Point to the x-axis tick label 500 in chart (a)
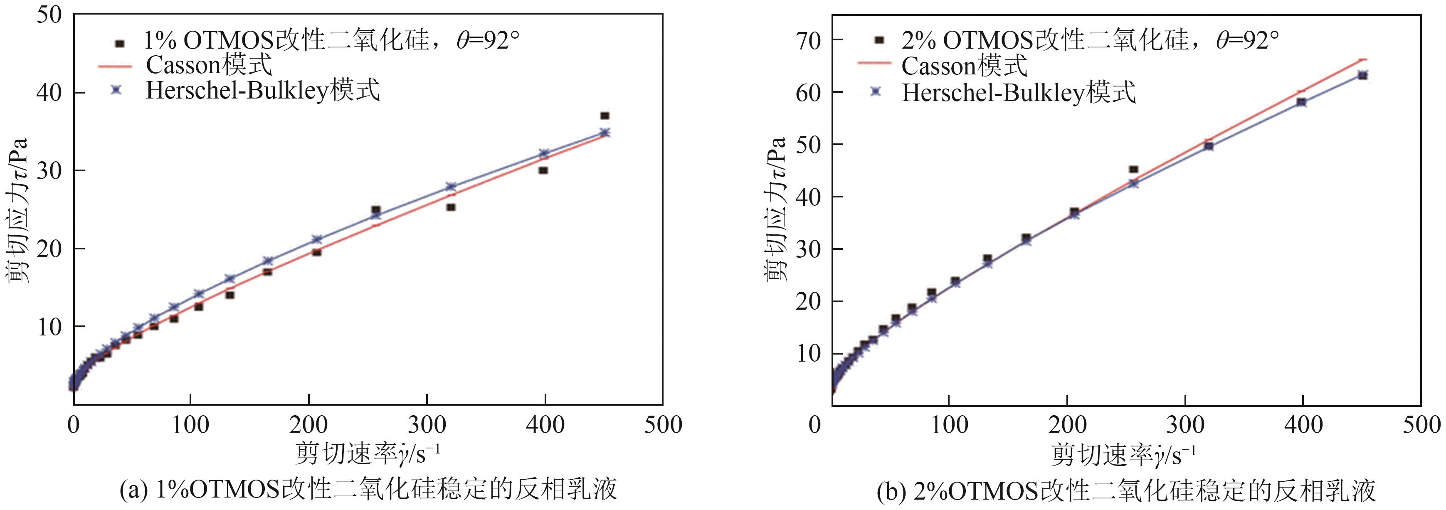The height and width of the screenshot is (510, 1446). [x=662, y=425]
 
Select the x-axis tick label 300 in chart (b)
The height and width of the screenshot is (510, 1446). [x=1184, y=425]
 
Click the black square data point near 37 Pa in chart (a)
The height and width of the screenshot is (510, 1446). [x=605, y=116]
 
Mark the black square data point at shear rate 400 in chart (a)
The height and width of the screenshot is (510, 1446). [x=543, y=170]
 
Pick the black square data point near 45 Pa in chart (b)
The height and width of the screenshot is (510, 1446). [x=1133, y=169]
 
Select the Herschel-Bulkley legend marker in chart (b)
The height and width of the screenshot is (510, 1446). [x=875, y=91]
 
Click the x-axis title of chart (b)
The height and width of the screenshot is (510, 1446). [x=1123, y=455]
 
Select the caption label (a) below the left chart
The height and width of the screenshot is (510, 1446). [x=133, y=490]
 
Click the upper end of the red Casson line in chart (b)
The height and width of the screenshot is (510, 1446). [x=1362, y=58]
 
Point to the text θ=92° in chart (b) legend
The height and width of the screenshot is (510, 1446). [x=1247, y=40]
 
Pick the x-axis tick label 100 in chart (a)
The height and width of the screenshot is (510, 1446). [x=190, y=425]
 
